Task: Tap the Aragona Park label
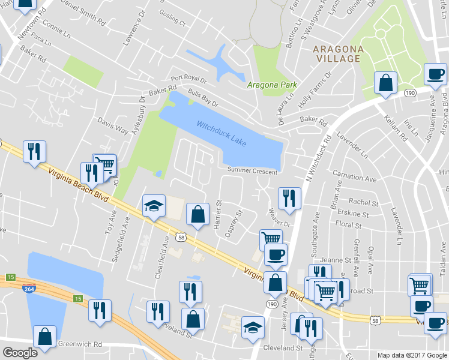tap(270, 85)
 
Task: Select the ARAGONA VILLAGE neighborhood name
tap(336, 53)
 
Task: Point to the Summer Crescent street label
tap(252, 172)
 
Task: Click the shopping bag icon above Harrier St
tap(197, 214)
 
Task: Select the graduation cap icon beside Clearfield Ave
tap(154, 206)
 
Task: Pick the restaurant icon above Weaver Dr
tap(289, 197)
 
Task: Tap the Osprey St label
tap(234, 224)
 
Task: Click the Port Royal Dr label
tap(188, 79)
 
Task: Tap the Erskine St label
tap(353, 214)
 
